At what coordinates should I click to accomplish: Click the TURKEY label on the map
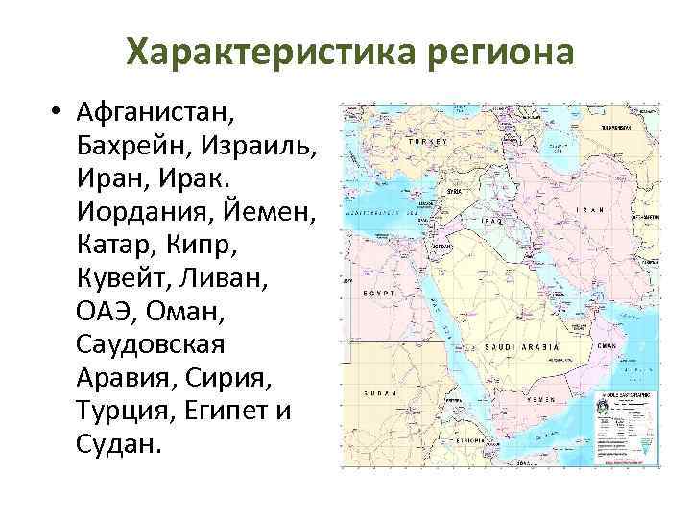pos(428,141)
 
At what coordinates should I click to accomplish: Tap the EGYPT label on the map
pos(375,292)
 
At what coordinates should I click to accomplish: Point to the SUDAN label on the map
pos(381,393)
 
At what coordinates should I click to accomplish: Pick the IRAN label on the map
pos(592,210)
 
